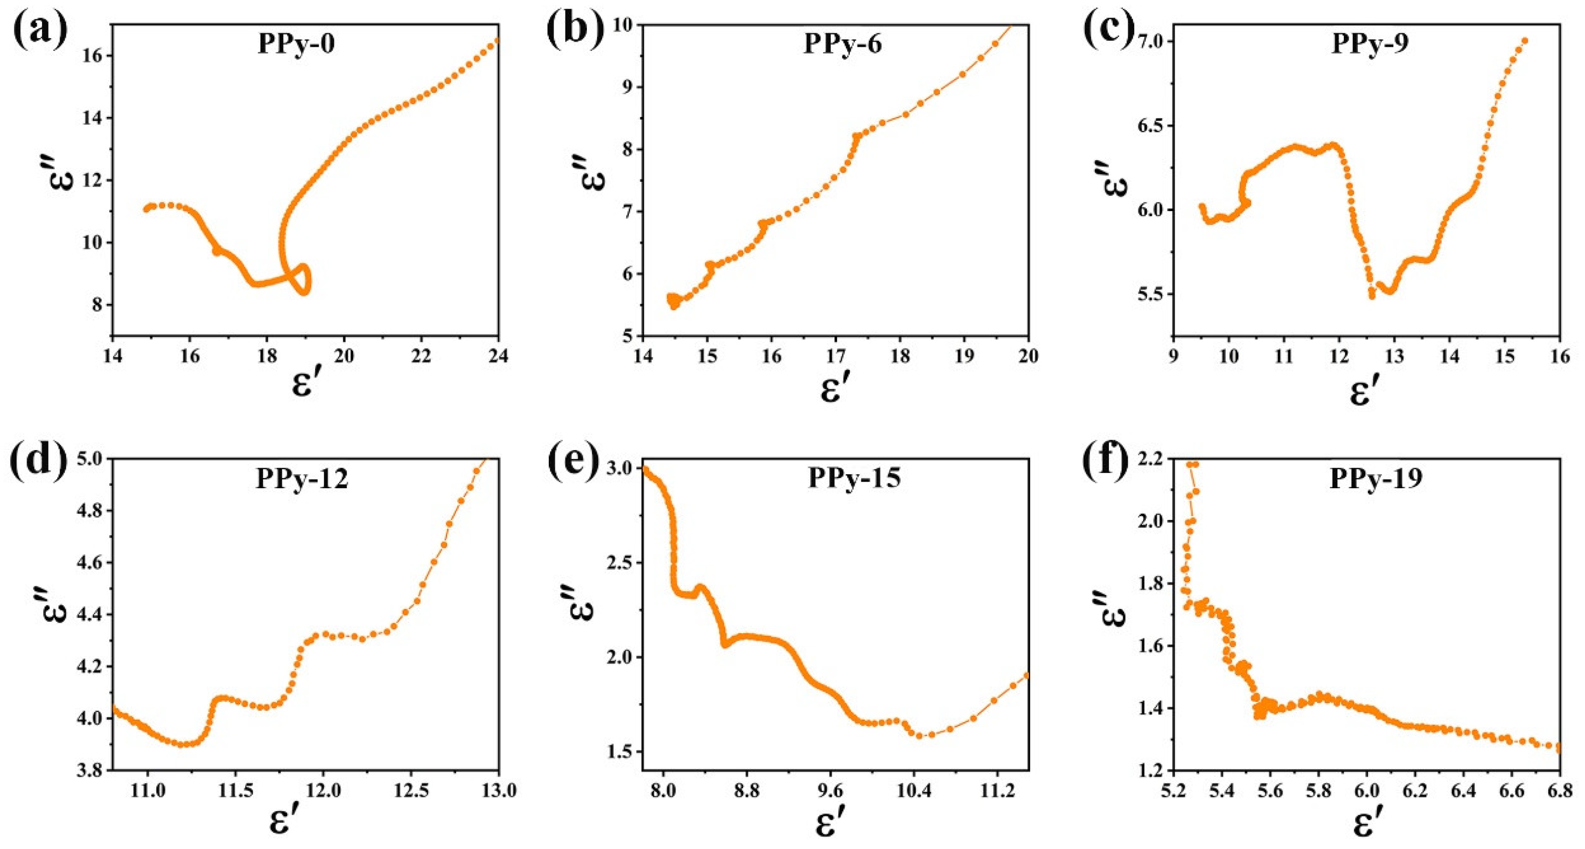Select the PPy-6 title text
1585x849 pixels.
[x=842, y=45]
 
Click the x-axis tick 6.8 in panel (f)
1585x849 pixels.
[x=1559, y=790]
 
